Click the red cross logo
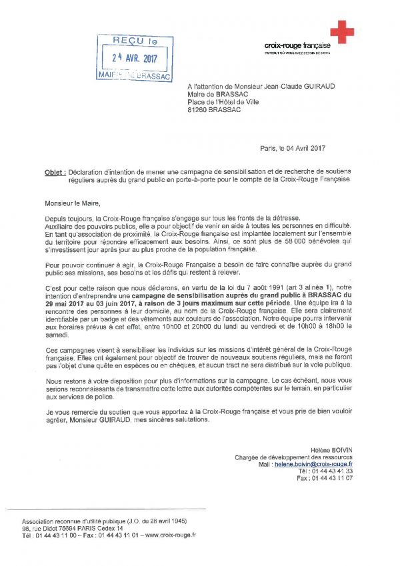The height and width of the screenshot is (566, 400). [x=342, y=32]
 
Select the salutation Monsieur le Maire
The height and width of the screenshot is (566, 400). [x=74, y=203]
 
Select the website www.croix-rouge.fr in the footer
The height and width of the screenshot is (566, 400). [x=171, y=535]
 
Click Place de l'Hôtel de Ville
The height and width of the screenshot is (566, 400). [x=227, y=102]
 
